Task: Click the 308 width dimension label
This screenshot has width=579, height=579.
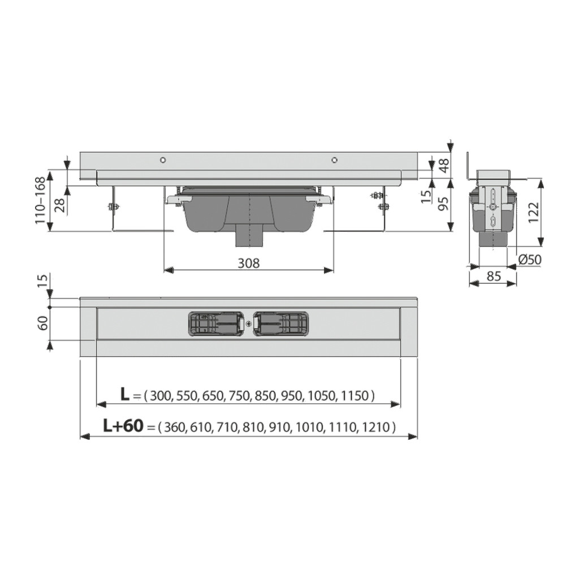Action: pos(248,263)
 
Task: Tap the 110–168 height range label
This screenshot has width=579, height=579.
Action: pos(40,201)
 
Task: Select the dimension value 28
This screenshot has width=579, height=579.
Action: pos(60,205)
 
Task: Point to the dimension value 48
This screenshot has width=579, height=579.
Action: pos(444,165)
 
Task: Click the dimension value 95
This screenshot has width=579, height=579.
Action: pos(444,203)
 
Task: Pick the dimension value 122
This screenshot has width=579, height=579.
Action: pos(533,213)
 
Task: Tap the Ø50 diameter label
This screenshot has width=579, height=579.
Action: pos(530,260)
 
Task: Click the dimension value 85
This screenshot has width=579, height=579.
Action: pos(493,276)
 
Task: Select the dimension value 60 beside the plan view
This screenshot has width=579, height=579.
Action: pos(43,323)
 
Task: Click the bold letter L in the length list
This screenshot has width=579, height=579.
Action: pos(125,394)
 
